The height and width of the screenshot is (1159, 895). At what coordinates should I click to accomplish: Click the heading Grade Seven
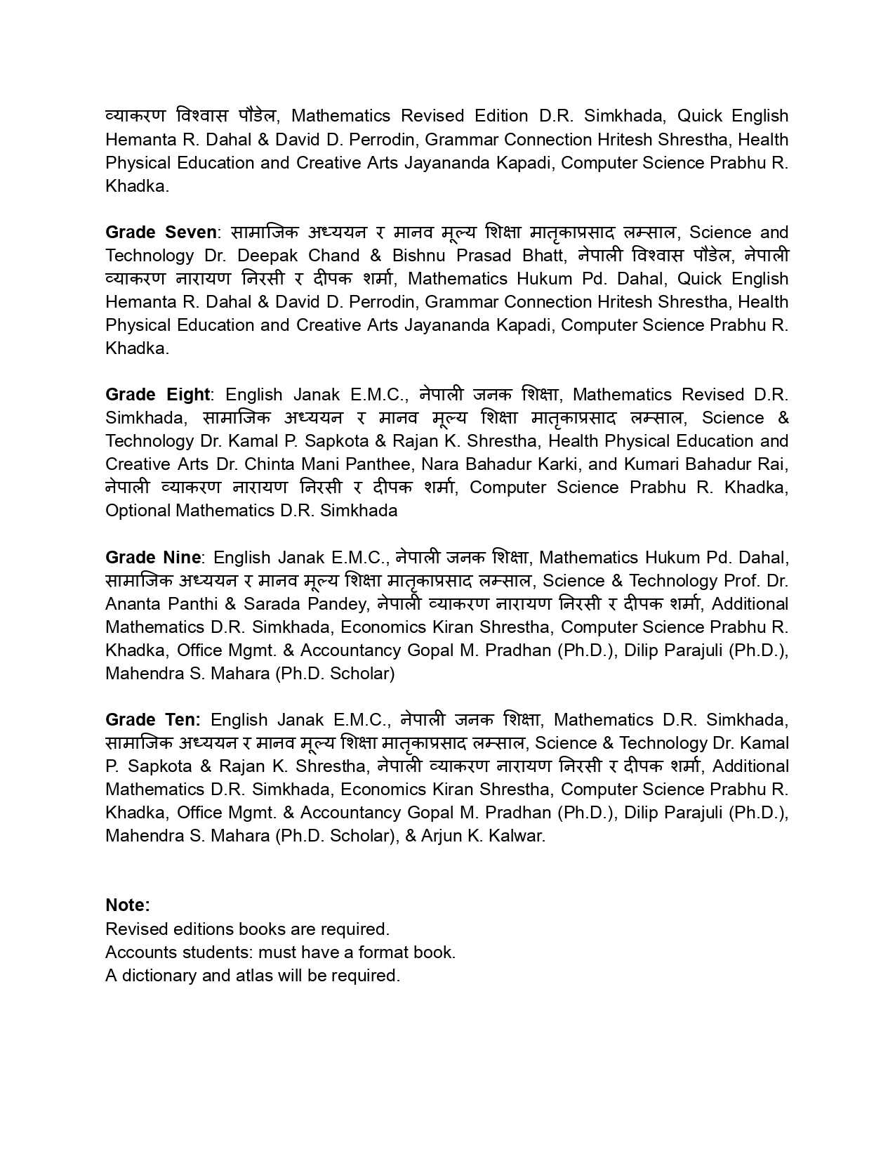(161, 233)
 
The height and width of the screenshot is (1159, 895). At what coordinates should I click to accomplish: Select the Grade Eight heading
(157, 395)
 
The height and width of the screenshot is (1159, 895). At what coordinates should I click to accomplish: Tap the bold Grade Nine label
(153, 558)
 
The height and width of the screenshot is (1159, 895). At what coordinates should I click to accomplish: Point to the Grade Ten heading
(152, 720)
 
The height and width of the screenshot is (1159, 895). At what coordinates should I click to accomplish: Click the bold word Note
(127, 905)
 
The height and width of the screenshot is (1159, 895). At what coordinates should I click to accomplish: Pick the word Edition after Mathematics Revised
(501, 116)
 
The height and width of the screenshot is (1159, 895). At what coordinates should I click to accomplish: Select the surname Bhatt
(544, 256)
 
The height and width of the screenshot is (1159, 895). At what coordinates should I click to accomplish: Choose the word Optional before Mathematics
(138, 511)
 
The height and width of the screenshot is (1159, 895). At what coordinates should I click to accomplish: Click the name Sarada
(271, 604)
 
